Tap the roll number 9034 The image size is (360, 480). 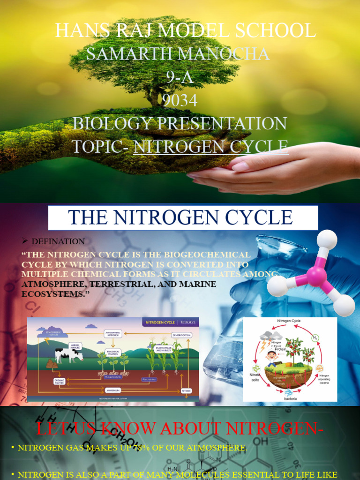point(180,100)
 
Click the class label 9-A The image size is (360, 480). point(180,77)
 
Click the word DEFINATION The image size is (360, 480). point(58,241)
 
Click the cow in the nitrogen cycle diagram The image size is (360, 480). point(68,355)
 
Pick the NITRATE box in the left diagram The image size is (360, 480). point(186,390)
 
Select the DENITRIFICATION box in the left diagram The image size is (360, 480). point(181,335)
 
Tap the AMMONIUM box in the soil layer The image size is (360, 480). point(113,390)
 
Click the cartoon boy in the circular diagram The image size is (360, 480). point(271,358)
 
